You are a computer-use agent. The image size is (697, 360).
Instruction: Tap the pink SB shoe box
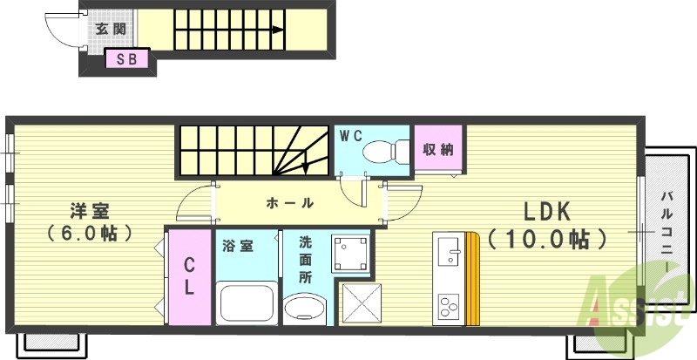[x=125, y=59]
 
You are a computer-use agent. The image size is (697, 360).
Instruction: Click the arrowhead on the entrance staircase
[x=277, y=31]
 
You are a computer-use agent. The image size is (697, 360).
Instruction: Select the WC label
[x=350, y=136]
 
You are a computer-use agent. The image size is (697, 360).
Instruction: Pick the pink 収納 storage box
[x=438, y=149]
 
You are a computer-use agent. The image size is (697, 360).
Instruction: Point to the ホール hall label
[x=289, y=203]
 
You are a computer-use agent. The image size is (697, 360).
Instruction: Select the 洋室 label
[x=89, y=210]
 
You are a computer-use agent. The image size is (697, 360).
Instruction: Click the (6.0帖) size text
[x=90, y=233]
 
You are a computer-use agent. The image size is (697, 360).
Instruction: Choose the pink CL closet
[x=189, y=275]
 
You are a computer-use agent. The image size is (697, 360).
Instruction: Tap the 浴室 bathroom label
[x=237, y=246]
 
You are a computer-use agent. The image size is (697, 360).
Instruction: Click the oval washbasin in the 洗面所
[x=304, y=308]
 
